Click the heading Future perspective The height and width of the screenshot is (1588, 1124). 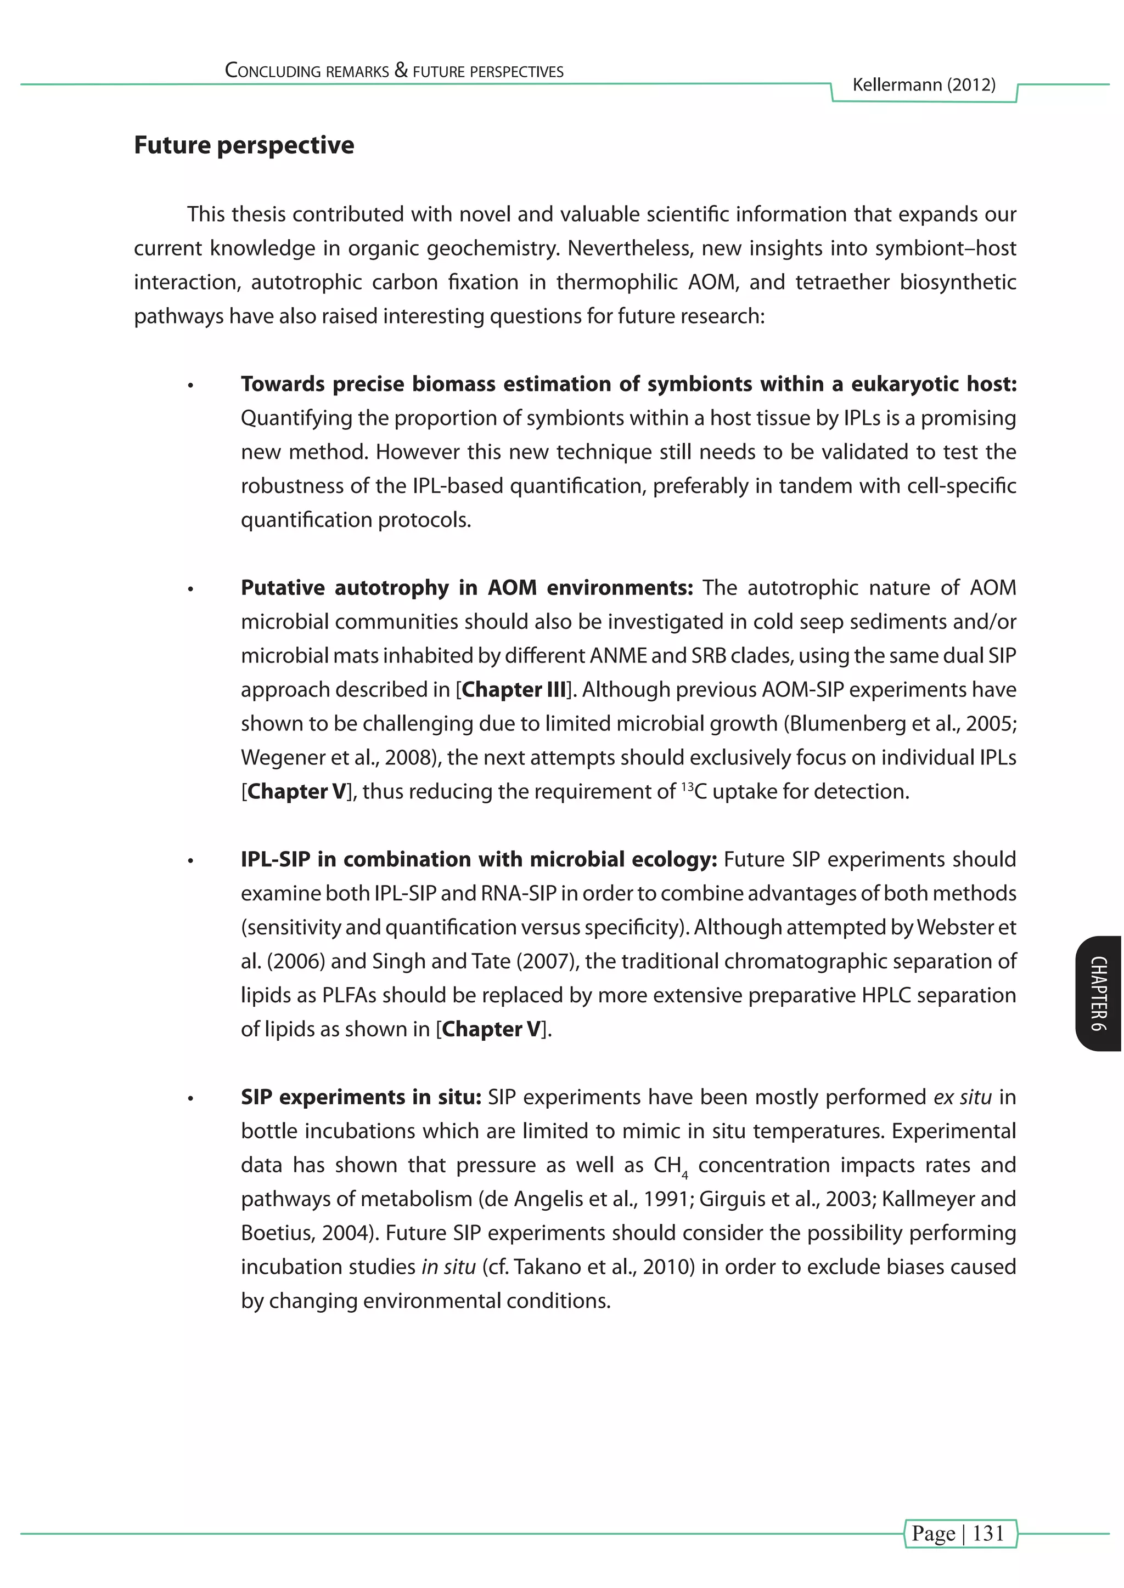point(244,145)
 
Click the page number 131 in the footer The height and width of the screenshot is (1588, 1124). point(988,1533)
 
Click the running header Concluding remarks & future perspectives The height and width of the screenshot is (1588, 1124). point(394,71)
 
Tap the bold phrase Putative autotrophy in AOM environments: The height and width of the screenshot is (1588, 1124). point(467,588)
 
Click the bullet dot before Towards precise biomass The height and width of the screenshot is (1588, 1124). point(190,386)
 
